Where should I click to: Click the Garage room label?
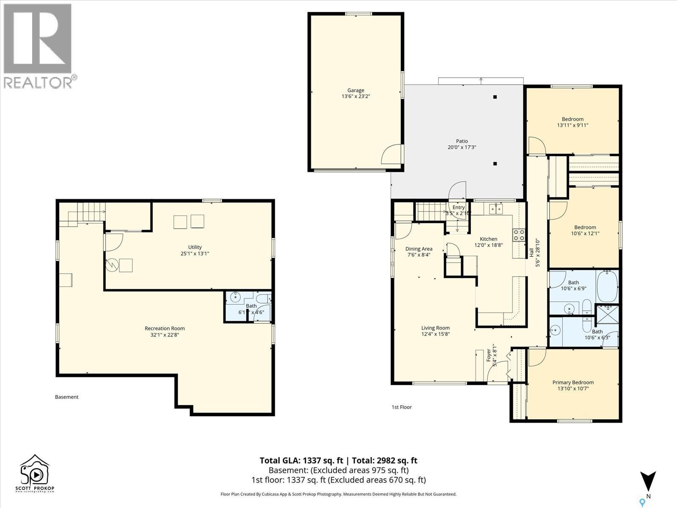(355, 90)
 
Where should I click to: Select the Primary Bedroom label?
(573, 382)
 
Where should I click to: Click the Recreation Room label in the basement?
(165, 328)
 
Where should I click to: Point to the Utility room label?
(195, 247)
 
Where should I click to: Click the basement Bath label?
(251, 306)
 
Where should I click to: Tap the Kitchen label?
(488, 239)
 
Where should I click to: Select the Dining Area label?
(418, 249)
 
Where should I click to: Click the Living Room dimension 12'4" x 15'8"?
(435, 334)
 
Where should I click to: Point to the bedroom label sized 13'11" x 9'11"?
(572, 119)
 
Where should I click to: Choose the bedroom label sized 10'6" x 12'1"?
(585, 227)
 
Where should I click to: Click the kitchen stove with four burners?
(519, 235)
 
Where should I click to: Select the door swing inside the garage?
(391, 155)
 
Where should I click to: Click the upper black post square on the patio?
(495, 97)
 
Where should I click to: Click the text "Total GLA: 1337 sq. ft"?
(301, 461)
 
